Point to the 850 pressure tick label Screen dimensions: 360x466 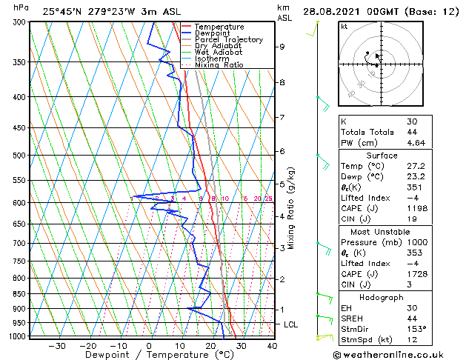[x=20, y=294]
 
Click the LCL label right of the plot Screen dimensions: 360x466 [x=291, y=324]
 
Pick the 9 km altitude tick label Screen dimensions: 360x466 [x=282, y=47]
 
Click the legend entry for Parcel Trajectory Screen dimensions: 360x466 [x=228, y=40]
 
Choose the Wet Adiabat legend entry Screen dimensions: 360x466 [x=218, y=52]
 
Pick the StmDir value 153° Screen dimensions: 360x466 [x=417, y=329]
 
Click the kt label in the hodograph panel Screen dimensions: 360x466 [x=344, y=27]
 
